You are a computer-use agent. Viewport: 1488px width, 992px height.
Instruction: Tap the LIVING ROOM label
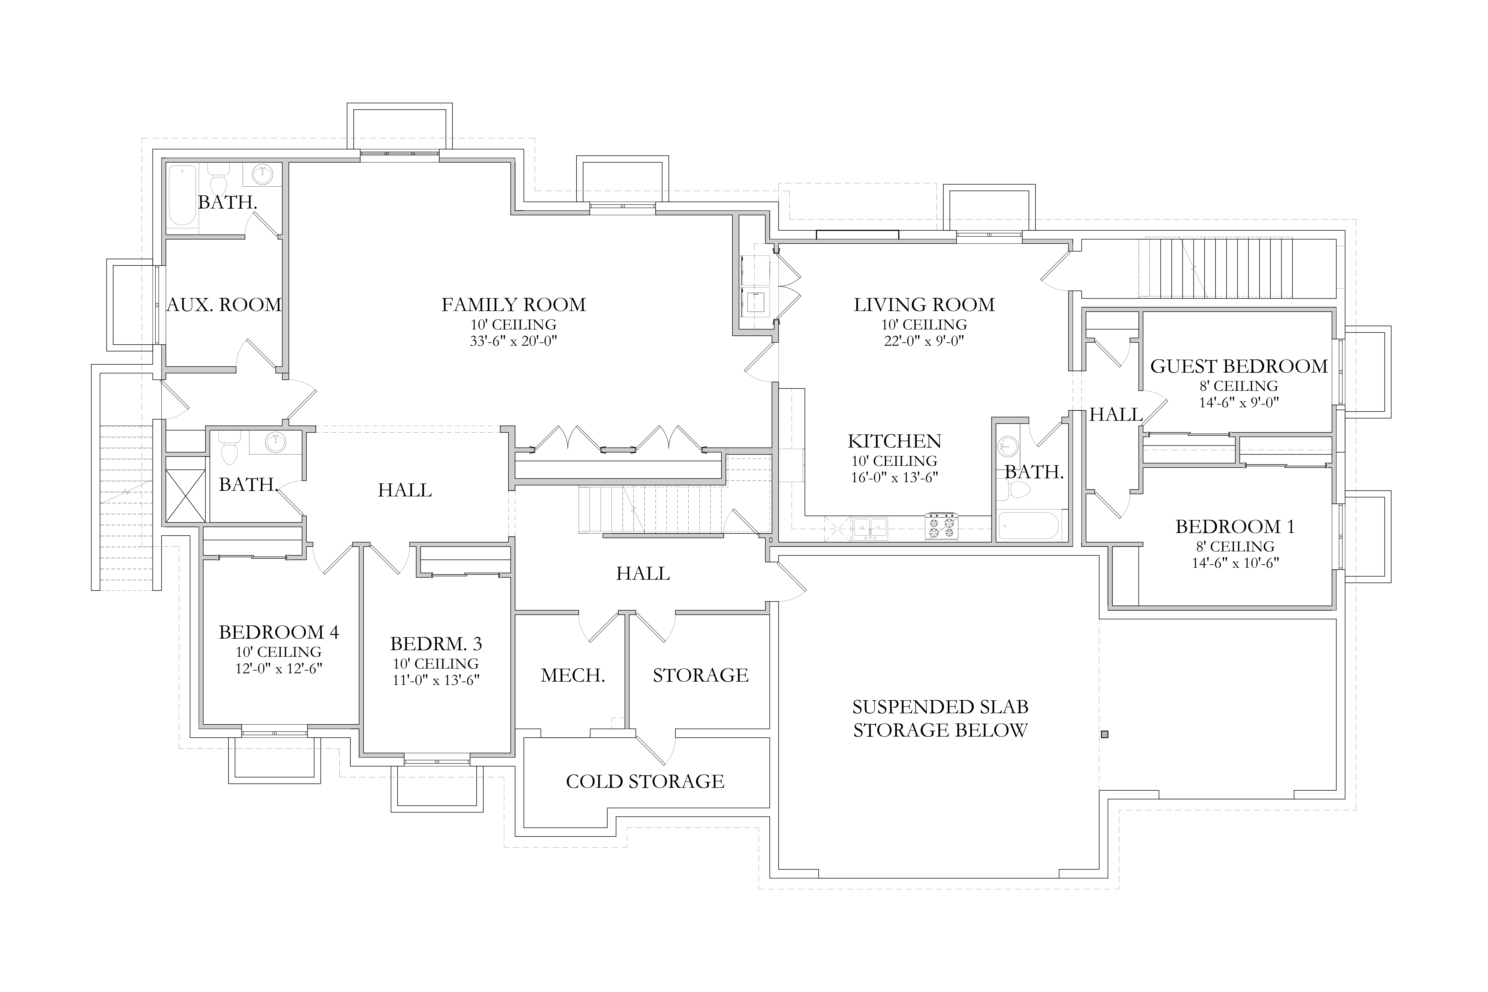pos(924,305)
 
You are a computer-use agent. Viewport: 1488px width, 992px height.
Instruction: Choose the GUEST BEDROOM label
pos(1239,366)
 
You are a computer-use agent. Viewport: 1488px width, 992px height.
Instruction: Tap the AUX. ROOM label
pos(224,305)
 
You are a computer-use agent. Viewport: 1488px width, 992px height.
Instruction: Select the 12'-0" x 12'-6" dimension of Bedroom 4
pos(279,669)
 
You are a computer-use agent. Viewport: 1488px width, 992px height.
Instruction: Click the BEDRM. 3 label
pos(436,644)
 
